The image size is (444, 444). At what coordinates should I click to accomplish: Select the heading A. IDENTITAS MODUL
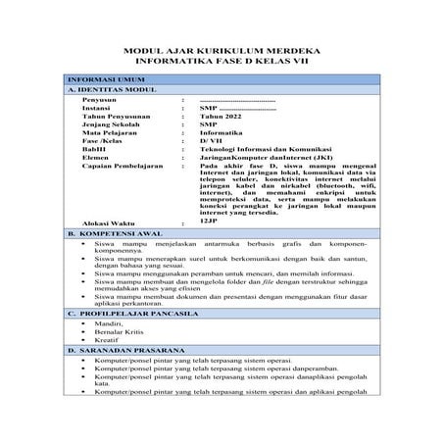click(108, 89)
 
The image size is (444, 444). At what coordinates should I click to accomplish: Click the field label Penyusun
click(100, 101)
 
